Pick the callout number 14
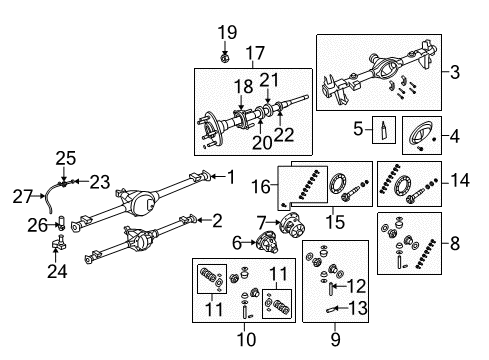pyautogui.click(x=457, y=181)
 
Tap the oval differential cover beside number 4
pyautogui.click(x=420, y=135)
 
